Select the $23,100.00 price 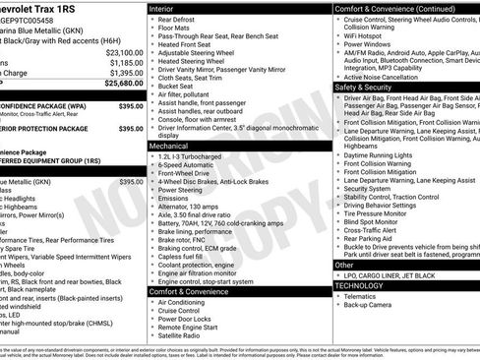click(124, 52)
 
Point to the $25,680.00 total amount click(124, 85)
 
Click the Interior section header click(163, 8)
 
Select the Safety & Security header click(370, 87)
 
